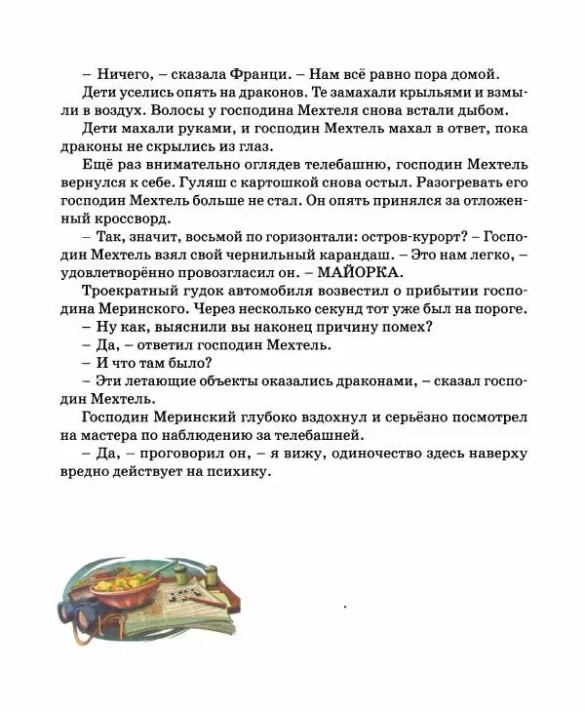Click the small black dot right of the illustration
344,606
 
